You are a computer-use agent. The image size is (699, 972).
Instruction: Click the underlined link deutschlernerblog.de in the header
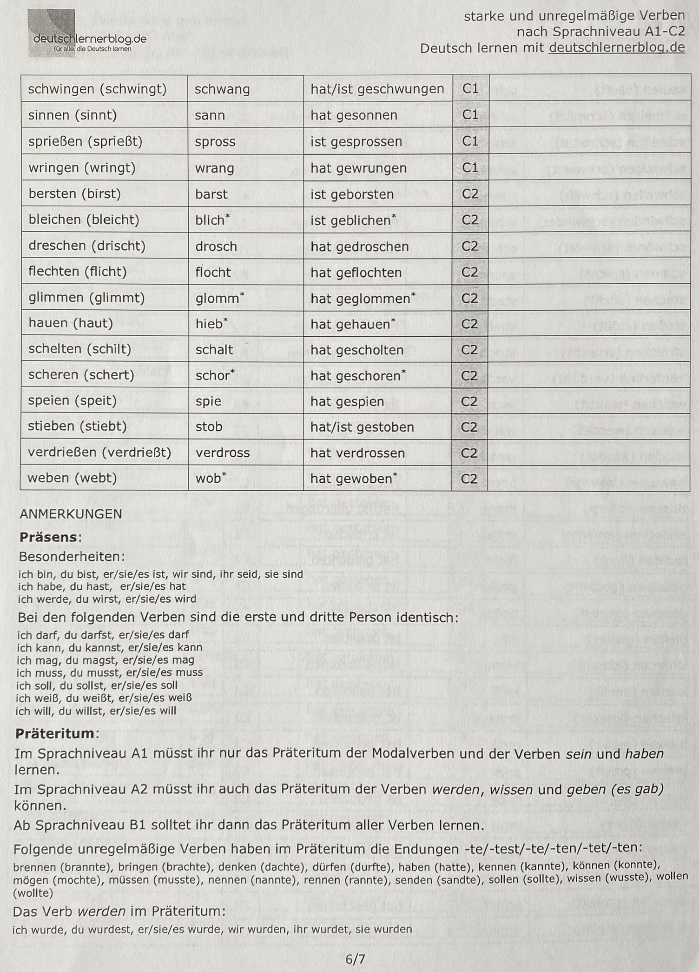coord(616,48)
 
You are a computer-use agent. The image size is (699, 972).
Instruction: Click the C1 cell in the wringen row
coord(470,168)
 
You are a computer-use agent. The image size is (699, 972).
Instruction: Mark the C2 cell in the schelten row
coord(469,350)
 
